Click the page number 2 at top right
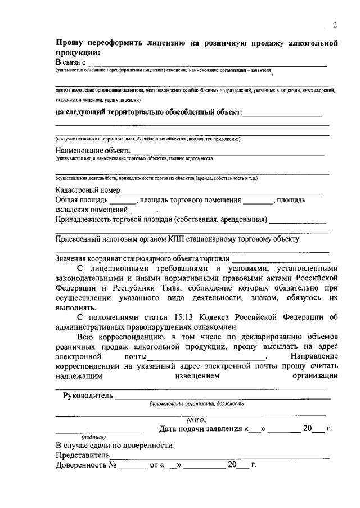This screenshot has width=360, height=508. pos(335,25)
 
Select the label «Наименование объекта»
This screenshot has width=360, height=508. pos(93,151)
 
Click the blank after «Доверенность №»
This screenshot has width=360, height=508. pos(132,465)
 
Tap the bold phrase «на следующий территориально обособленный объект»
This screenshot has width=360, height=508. pos(148,112)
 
